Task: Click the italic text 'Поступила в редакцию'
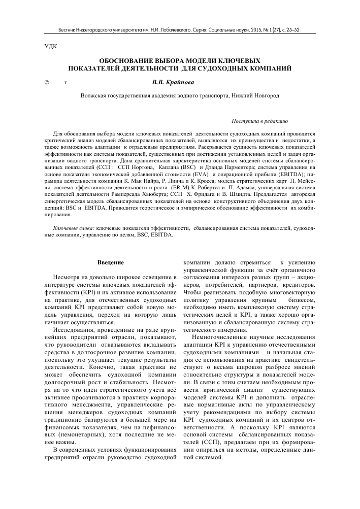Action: point(260,122)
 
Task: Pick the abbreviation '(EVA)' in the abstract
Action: point(186,174)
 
